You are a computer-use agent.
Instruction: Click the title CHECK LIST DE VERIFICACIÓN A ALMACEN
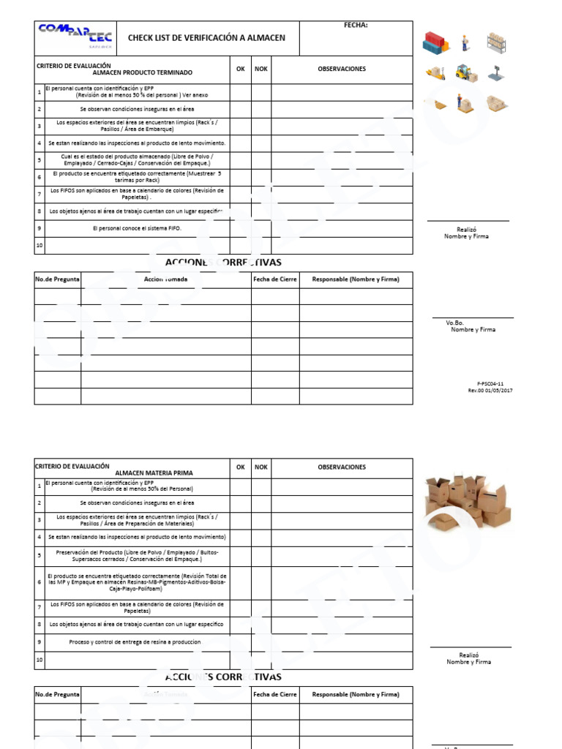(206, 38)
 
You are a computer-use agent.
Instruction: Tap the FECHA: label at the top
(356, 26)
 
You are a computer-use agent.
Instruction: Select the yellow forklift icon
(466, 72)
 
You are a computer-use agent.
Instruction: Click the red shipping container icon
(436, 43)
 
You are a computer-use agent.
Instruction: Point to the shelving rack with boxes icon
(497, 42)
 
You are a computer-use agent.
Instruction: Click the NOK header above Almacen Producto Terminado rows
(261, 69)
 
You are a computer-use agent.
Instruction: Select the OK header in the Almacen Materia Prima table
(240, 467)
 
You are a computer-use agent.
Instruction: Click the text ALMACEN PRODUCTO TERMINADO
(142, 73)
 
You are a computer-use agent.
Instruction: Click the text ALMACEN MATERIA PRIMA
(154, 473)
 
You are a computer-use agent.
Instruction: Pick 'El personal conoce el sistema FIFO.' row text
(137, 228)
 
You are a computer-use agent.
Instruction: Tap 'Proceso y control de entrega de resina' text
(135, 641)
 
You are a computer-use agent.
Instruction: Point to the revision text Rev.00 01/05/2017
(490, 391)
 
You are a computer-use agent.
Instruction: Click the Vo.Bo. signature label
(455, 323)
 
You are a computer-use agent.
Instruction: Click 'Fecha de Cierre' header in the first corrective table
(275, 279)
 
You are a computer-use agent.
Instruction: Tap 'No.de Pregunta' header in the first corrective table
(58, 279)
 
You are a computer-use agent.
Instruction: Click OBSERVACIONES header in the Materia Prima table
(342, 467)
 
